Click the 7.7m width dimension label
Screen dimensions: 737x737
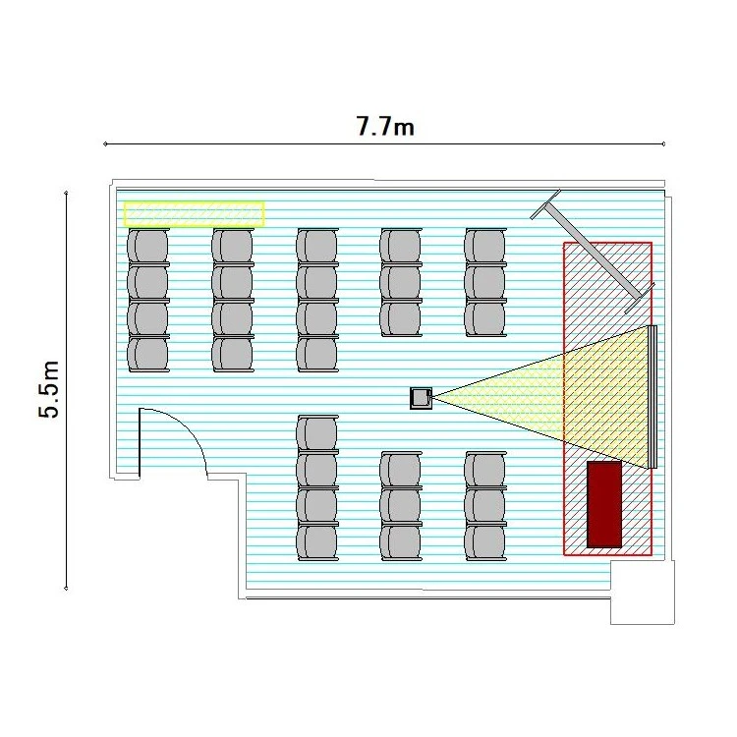coord(384,126)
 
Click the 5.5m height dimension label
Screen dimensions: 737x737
coord(50,389)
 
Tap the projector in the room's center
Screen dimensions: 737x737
coord(422,397)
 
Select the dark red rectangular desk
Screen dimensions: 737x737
coord(604,504)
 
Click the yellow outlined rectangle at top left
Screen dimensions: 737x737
coord(194,213)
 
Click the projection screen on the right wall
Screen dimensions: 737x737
coord(652,396)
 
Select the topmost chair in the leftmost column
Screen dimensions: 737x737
coord(148,245)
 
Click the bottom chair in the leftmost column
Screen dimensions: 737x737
coord(148,354)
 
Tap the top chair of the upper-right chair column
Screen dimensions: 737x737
coord(485,245)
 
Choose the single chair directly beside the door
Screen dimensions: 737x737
coord(316,433)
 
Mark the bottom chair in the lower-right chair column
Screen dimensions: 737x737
coord(485,541)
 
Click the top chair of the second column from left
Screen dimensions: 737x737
coord(233,245)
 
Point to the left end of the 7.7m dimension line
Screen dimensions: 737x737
coord(105,144)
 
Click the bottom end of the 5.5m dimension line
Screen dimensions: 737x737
coord(66,589)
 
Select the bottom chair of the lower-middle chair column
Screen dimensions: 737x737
coord(401,541)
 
